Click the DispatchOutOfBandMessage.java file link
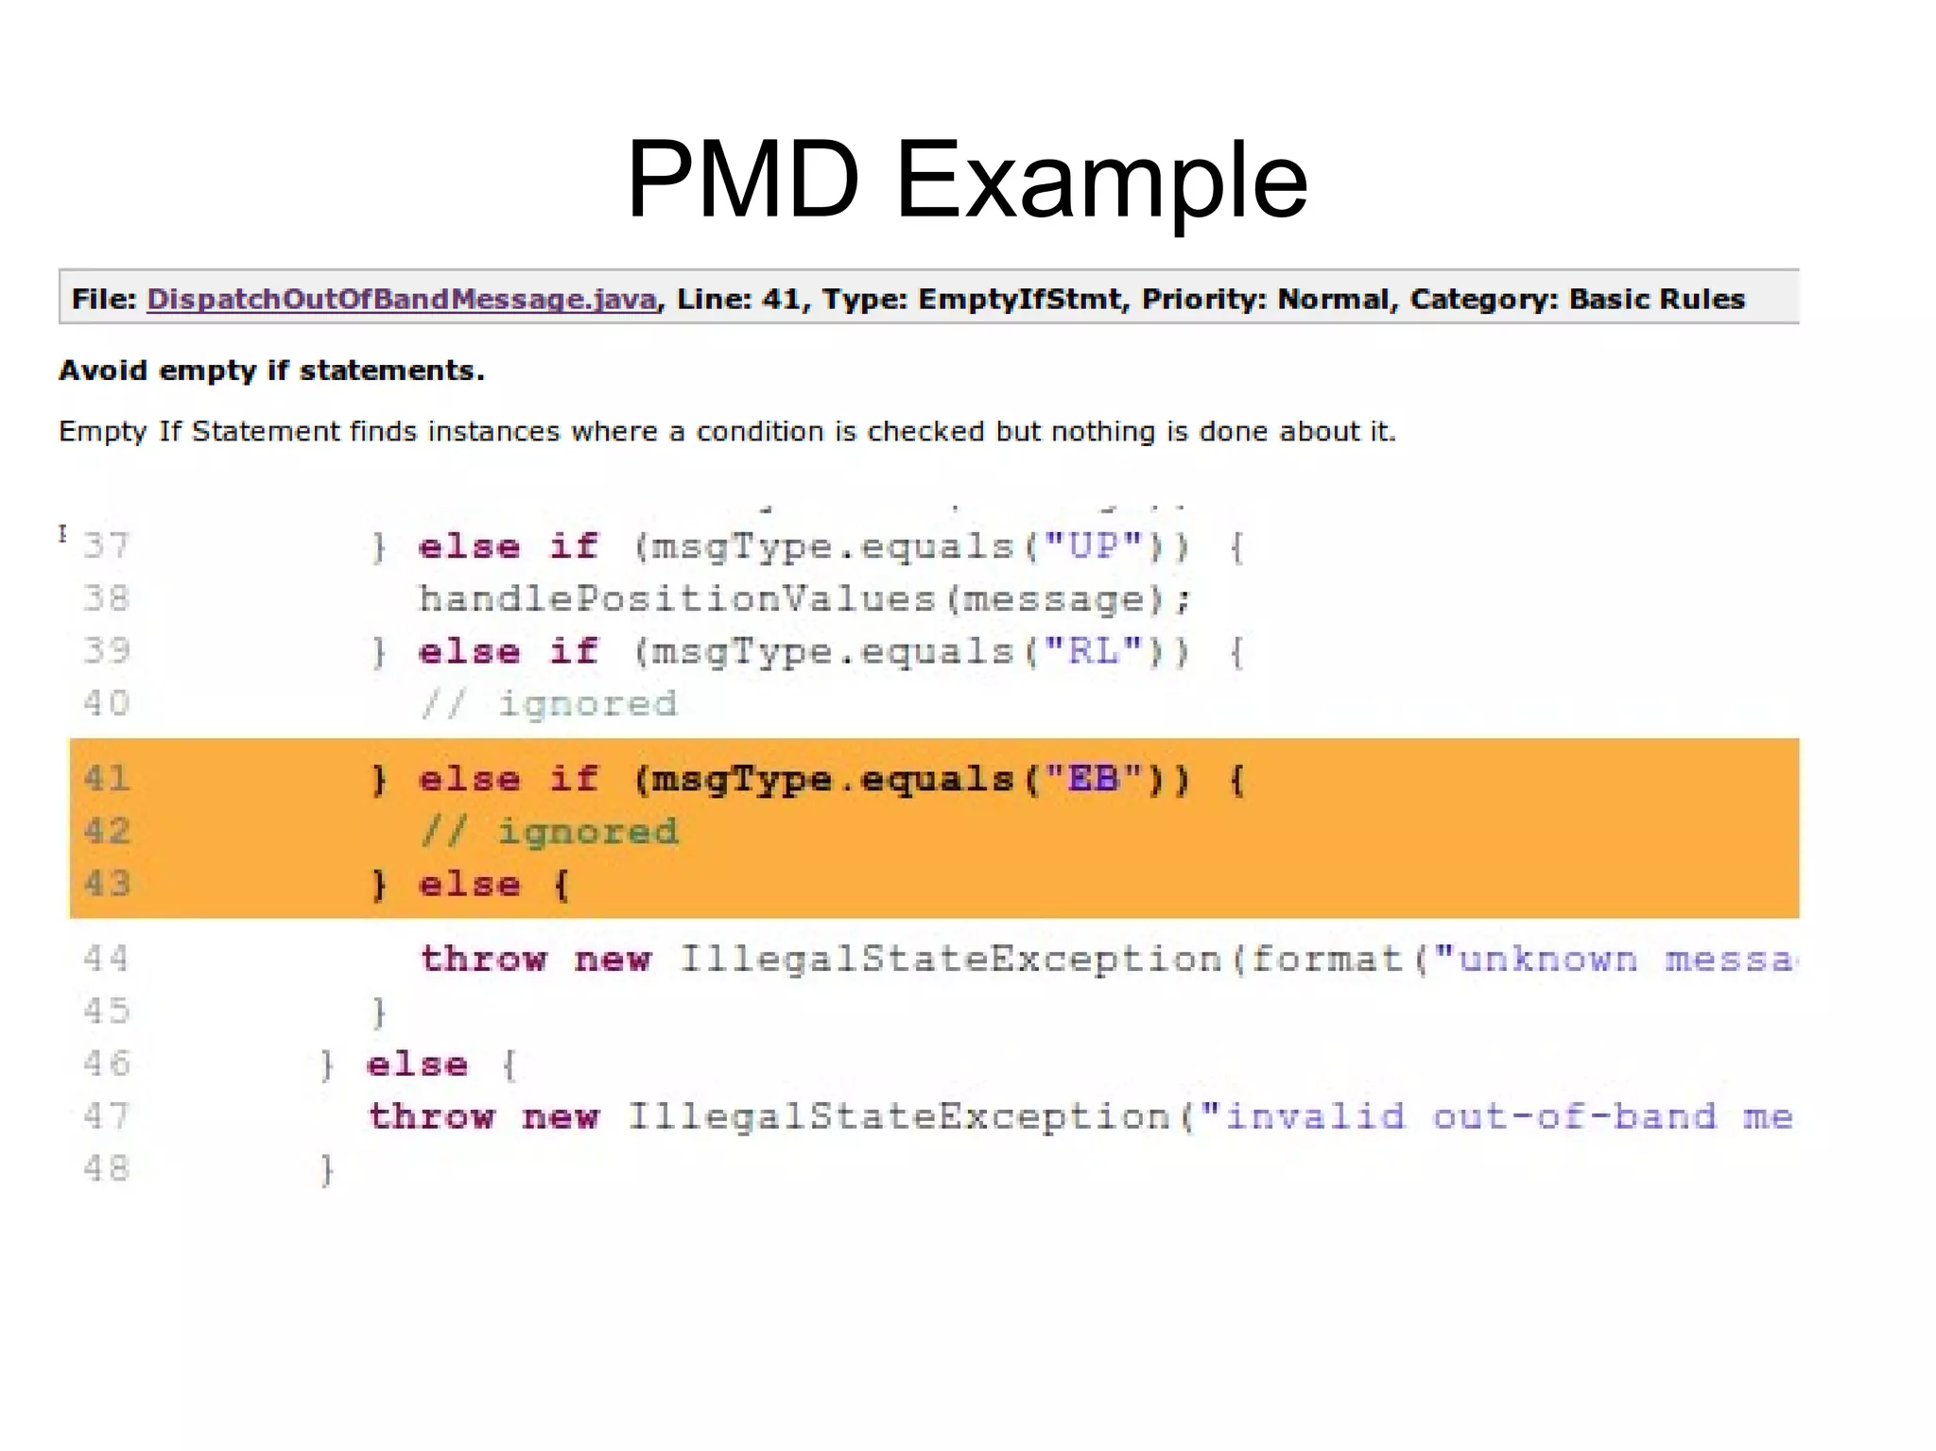coord(402,299)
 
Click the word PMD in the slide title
coord(743,180)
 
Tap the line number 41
coord(106,779)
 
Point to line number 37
coord(106,546)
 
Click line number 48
coord(106,1169)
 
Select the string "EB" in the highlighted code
coord(1094,779)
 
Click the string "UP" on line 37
coord(1094,546)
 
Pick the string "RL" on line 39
coord(1094,651)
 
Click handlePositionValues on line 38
coord(677,599)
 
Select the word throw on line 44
coord(484,959)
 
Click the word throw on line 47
coord(432,1116)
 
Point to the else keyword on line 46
coord(417,1064)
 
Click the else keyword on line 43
coord(470,885)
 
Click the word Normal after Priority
coord(1335,299)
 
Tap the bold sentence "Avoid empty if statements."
coord(272,371)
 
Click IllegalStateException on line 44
coord(951,959)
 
